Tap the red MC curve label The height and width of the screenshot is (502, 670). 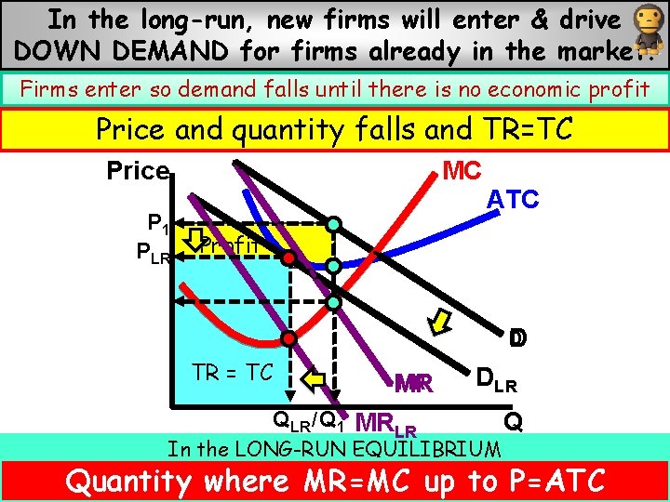click(462, 171)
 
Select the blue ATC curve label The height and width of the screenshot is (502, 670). click(514, 200)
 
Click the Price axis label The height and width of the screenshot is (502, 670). click(137, 172)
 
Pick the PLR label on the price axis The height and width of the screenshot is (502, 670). click(154, 253)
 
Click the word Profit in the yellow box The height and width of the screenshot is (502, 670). click(228, 244)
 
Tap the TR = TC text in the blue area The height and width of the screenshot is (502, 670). click(233, 372)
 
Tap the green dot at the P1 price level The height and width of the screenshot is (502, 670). click(333, 224)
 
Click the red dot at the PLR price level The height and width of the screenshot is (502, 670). click(289, 257)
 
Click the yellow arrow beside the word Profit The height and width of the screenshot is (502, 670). click(194, 240)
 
